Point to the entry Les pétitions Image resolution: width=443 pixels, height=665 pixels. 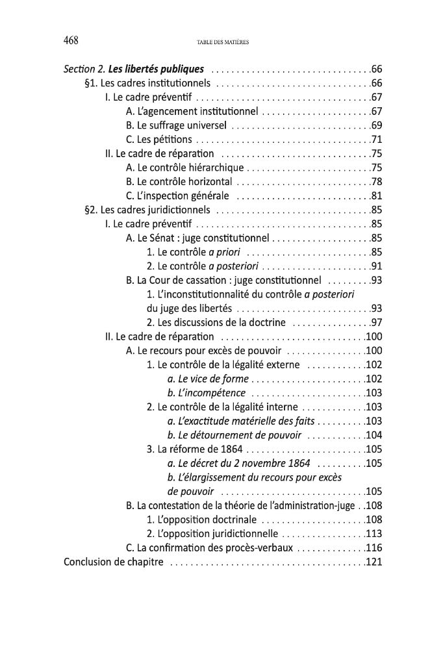pyautogui.click(x=159, y=139)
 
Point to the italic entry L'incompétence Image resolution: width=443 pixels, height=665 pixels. pyautogui.click(x=207, y=393)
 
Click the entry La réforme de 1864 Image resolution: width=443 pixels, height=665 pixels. pyautogui.click(x=194, y=449)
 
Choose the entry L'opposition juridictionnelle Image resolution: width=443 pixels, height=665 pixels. pyautogui.click(x=212, y=534)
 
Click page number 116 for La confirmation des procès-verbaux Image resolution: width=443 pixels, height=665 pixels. pyautogui.click(x=373, y=547)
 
